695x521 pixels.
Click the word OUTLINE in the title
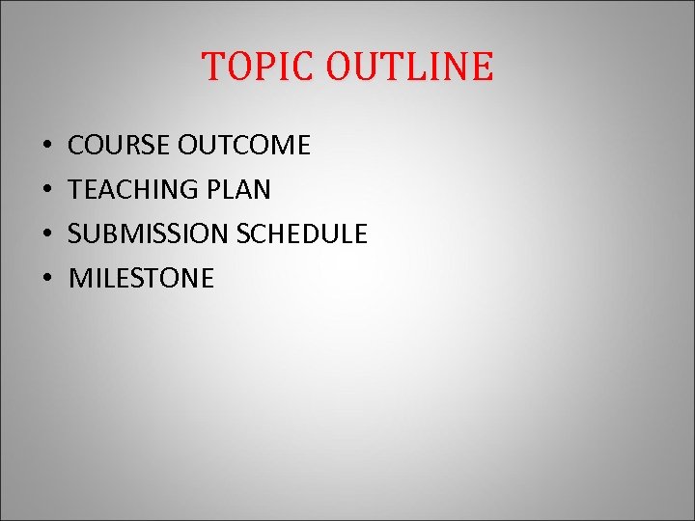click(x=409, y=67)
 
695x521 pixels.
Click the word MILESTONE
click(x=142, y=279)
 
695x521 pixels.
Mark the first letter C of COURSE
click(x=77, y=146)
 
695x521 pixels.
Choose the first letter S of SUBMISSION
click(x=76, y=234)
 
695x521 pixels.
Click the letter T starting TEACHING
click(x=76, y=190)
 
